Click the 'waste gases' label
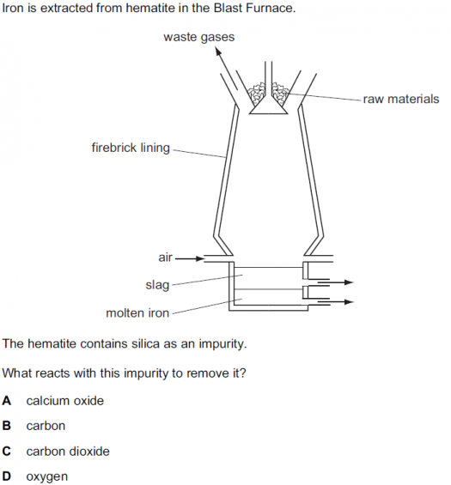coord(198,37)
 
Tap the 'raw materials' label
coord(401,99)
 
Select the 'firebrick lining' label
coord(131,148)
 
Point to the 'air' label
coord(165,258)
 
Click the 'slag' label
coord(157,285)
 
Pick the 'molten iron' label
coord(137,313)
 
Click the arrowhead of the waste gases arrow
coord(218,51)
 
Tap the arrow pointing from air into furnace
coord(190,258)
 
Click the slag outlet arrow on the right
coord(336,282)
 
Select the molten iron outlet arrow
coord(336,301)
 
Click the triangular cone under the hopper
coord(269,106)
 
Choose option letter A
coord(7,401)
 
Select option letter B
coord(7,426)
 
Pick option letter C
coord(7,452)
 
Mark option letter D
coord(7,476)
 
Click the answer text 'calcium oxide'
coord(65,401)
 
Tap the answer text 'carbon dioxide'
coord(68,452)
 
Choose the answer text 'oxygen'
coord(46,477)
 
